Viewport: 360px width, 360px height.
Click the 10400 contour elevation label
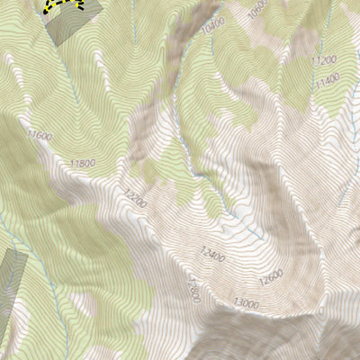(213, 30)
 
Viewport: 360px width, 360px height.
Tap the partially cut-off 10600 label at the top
(258, 8)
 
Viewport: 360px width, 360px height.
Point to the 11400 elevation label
(328, 82)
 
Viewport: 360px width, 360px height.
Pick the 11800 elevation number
(82, 163)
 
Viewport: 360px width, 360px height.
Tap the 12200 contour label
(135, 197)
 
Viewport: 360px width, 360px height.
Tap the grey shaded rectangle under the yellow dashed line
(68, 27)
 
